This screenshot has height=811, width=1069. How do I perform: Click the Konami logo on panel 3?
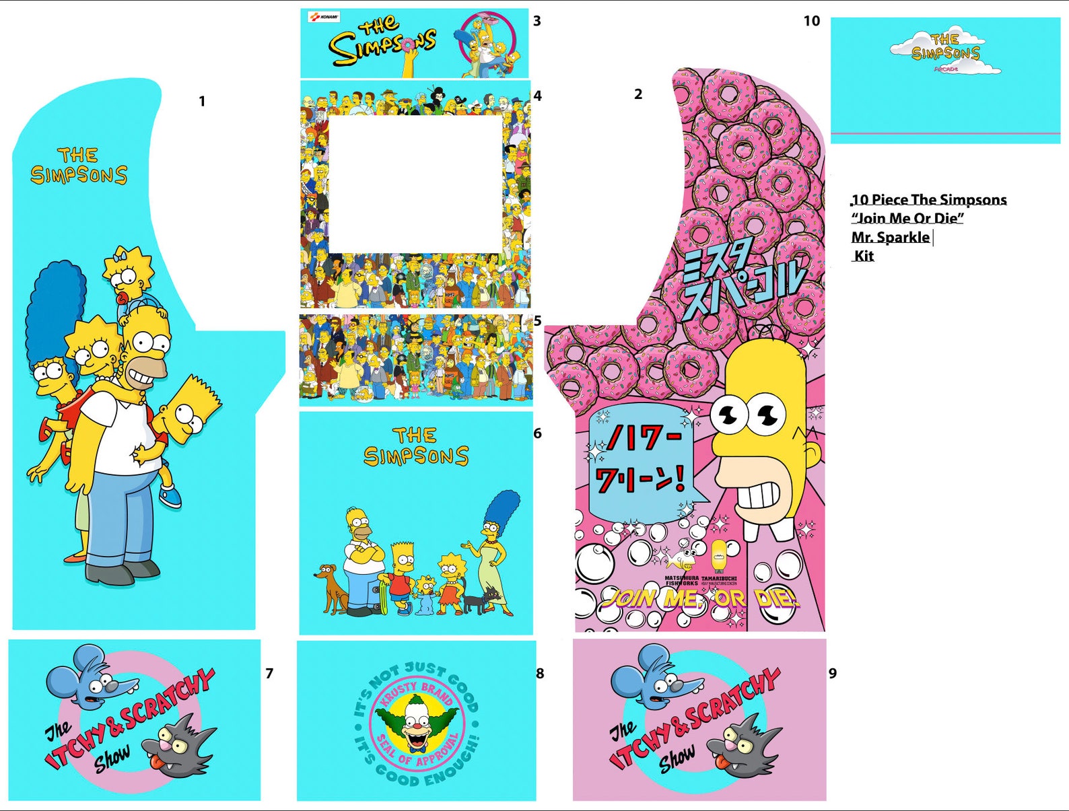[x=324, y=17]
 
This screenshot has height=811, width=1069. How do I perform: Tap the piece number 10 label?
[x=811, y=21]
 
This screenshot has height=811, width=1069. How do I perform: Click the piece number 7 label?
[x=269, y=673]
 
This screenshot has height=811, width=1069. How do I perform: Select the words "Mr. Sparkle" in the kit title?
[x=890, y=237]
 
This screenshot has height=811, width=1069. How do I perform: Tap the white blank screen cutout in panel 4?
[x=415, y=183]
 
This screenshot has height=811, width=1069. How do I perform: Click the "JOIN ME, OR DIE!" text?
[x=700, y=598]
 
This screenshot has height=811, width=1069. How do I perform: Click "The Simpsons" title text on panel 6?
[x=415, y=446]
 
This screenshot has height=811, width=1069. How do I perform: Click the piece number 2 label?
[x=637, y=94]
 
